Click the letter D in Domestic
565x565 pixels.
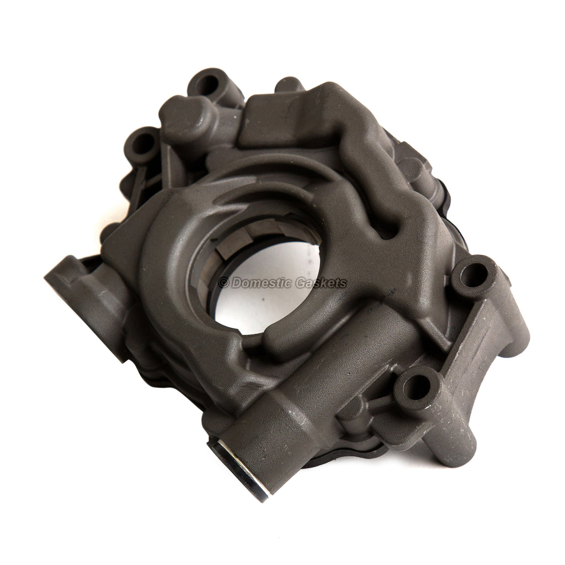236,283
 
